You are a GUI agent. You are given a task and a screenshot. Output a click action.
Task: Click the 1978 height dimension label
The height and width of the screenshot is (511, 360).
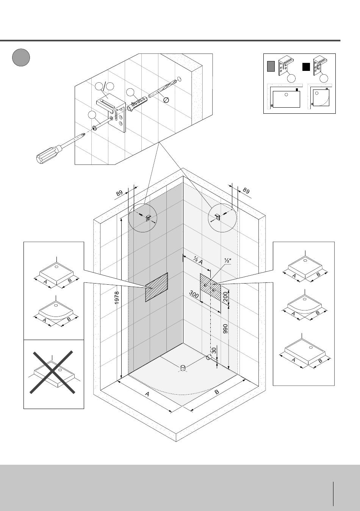click(117, 298)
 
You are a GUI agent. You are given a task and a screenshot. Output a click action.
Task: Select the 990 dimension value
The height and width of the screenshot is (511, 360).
click(226, 328)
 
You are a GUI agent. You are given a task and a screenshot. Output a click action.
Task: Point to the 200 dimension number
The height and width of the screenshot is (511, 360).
click(226, 296)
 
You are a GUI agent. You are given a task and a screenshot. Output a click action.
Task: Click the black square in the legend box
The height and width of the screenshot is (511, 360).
click(306, 67)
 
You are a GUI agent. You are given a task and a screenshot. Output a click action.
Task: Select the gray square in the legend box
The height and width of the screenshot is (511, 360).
click(271, 66)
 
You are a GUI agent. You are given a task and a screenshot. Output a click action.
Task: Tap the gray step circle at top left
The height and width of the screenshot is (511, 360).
click(21, 57)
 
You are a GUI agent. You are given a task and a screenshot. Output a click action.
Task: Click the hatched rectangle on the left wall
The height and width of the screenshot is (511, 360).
click(157, 287)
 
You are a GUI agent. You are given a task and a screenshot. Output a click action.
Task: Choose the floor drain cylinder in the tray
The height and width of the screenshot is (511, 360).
click(183, 368)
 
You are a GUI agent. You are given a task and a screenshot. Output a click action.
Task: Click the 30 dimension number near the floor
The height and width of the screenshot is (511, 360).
click(214, 351)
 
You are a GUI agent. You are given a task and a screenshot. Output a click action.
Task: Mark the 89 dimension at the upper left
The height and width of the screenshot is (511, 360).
click(119, 194)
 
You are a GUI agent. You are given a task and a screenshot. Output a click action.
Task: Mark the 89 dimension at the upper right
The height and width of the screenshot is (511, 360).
click(246, 191)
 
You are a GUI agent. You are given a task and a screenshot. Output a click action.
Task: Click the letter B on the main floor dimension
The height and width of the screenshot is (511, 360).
click(217, 392)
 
